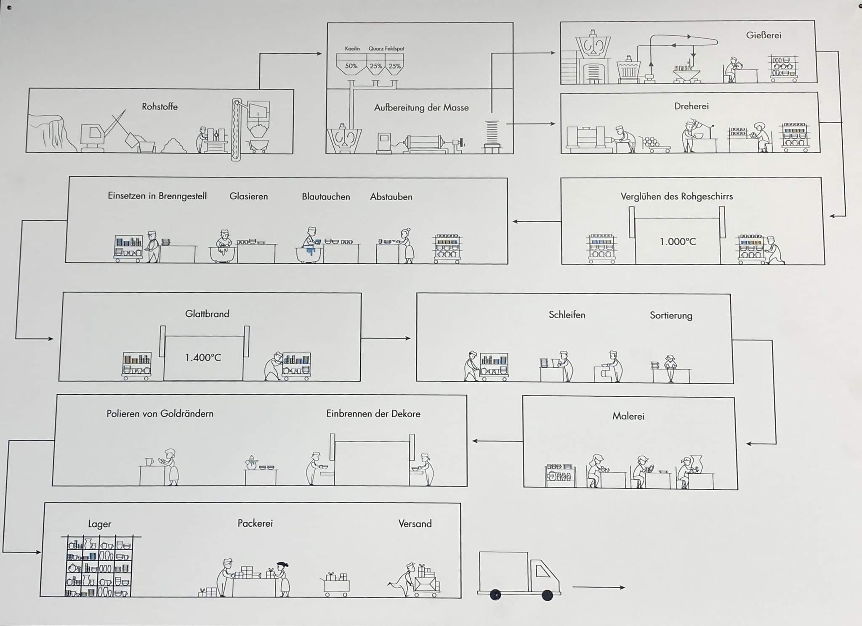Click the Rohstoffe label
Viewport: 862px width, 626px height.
[160, 106]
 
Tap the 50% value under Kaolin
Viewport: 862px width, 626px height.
[351, 66]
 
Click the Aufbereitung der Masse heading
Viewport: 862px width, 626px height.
[421, 108]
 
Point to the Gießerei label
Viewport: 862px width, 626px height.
[764, 35]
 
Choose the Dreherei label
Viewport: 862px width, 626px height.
[691, 106]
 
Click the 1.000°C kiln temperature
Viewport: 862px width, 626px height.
[678, 241]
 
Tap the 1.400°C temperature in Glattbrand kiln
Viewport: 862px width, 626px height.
[203, 358]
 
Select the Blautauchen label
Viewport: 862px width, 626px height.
[326, 196]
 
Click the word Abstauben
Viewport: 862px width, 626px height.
[391, 197]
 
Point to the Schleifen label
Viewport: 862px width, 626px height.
[567, 315]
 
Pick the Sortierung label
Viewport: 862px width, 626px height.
[671, 316]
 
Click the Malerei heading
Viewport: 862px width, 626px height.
[628, 416]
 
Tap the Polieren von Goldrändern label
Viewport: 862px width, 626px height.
[160, 414]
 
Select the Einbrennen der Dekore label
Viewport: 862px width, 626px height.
[373, 414]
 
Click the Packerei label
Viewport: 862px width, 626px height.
[255, 523]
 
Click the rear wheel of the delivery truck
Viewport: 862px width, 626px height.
[496, 595]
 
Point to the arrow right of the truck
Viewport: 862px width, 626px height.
[599, 587]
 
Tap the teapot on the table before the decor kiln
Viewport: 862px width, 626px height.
[252, 463]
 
